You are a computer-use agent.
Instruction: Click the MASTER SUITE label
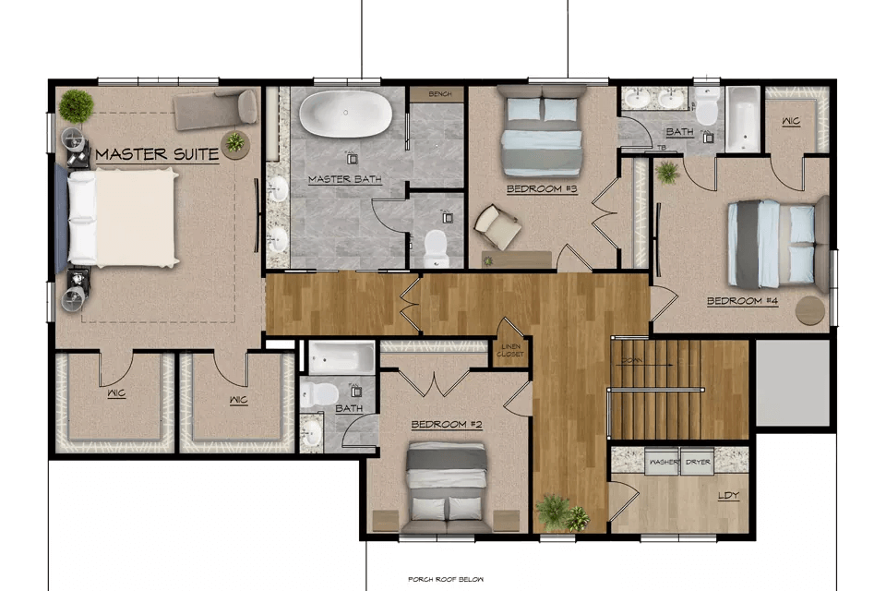pos(157,154)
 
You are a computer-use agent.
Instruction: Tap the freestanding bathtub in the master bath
pos(344,115)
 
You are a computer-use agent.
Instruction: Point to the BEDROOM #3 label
pos(542,189)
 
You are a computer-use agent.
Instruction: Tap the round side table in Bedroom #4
pos(810,310)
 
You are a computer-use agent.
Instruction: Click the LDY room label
pos(728,496)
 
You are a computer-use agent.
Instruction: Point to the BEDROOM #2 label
pos(448,425)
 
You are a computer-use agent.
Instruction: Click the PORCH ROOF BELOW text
pos(446,579)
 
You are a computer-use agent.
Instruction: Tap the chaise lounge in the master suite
pos(218,108)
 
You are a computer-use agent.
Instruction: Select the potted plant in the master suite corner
pos(77,106)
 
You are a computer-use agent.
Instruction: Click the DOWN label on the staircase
pos(632,360)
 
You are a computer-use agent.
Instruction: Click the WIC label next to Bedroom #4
pos(790,122)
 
